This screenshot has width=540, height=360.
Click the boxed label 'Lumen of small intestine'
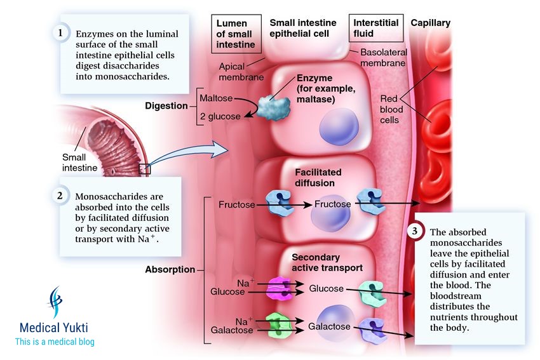tap(236, 34)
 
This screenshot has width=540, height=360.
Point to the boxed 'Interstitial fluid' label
tap(376, 29)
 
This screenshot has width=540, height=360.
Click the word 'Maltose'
tap(216, 99)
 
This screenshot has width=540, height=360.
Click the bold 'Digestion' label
tap(166, 106)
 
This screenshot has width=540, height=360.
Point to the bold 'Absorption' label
tap(170, 269)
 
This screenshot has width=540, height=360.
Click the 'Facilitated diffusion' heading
tap(318, 178)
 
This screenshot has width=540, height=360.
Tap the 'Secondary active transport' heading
tap(327, 263)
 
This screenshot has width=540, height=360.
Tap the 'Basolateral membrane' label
tap(382, 58)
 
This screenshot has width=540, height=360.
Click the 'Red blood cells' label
tap(389, 109)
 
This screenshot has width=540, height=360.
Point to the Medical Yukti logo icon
tap(57, 303)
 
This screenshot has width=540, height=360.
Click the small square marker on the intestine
tap(144, 170)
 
